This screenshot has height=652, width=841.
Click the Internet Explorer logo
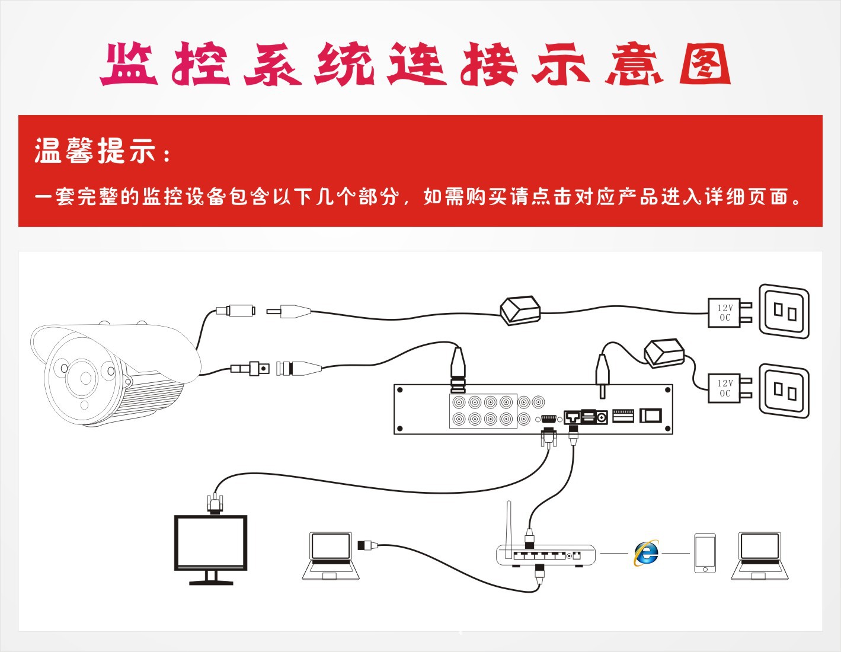click(x=646, y=553)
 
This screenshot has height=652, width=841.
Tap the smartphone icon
click(x=705, y=554)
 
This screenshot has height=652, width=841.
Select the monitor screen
click(x=210, y=542)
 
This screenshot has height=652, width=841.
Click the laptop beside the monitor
click(x=331, y=555)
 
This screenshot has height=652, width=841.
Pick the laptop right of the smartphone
click(x=759, y=555)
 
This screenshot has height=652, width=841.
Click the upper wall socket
click(x=784, y=311)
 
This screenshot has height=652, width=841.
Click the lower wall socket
click(x=784, y=391)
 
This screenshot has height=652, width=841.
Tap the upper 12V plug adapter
click(x=730, y=312)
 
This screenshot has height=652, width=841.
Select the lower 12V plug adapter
click(x=730, y=388)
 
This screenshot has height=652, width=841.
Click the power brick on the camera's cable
click(x=520, y=311)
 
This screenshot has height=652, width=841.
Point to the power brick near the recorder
click(x=664, y=353)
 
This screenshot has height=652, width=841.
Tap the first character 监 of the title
click(x=129, y=64)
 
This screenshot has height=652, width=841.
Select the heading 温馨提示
click(x=95, y=151)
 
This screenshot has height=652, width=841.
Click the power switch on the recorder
click(x=651, y=416)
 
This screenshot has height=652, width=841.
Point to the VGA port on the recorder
click(x=548, y=418)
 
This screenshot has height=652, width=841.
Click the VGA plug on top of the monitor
click(x=214, y=504)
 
